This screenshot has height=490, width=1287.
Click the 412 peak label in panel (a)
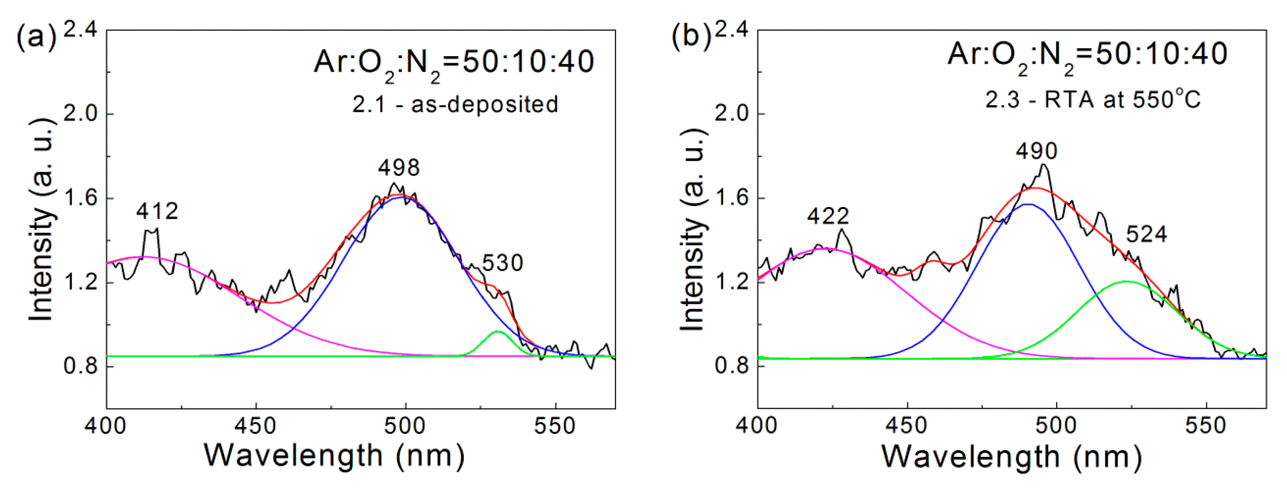tap(157, 211)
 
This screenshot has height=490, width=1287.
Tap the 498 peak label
tap(399, 168)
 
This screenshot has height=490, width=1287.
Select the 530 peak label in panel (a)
tap(502, 263)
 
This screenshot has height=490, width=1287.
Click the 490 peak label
tap(1036, 151)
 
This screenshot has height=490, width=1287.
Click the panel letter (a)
tap(36, 36)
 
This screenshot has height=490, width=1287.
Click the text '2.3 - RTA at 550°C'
tap(1093, 100)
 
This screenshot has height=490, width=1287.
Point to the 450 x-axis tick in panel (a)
tap(256, 426)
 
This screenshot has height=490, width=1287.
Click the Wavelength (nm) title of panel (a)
tap(334, 455)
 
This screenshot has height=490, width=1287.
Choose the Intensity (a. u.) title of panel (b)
tap(692, 230)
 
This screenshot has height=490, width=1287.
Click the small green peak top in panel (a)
tap(498, 331)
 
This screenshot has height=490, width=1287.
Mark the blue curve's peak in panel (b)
tap(1028, 204)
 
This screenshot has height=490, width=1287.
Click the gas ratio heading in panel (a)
tap(454, 62)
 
